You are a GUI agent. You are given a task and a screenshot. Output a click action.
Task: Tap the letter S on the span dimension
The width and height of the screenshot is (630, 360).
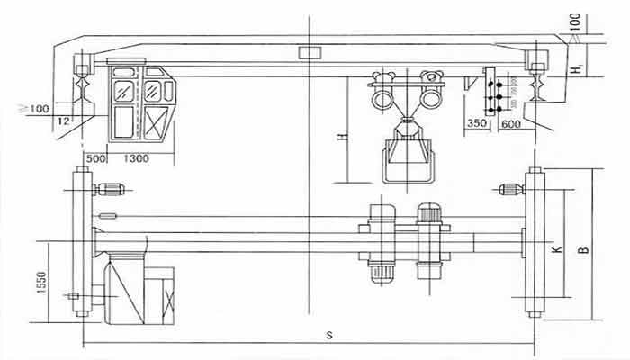click(330, 335)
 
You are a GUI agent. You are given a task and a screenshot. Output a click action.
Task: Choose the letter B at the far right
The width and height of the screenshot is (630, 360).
click(584, 245)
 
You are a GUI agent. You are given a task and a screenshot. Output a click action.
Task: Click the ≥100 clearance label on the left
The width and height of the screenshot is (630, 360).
click(36, 109)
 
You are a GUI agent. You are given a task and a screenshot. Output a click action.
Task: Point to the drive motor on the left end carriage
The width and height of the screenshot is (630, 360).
click(112, 189)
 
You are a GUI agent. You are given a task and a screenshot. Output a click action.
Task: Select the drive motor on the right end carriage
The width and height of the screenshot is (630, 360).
click(510, 189)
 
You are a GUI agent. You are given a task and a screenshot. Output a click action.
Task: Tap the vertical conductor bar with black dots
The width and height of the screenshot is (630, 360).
click(493, 91)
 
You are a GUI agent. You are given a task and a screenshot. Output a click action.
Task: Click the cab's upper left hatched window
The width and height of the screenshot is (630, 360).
click(120, 89)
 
